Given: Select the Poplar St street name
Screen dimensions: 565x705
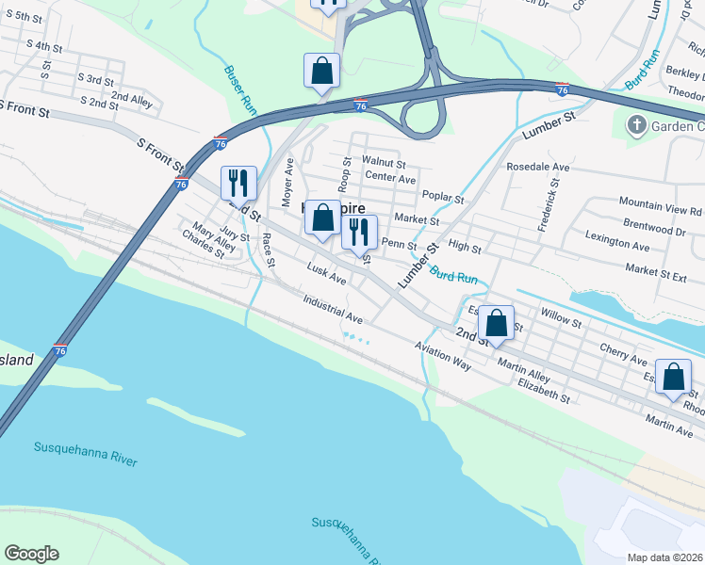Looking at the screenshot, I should click(x=443, y=200).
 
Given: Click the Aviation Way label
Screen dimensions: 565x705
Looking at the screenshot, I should click(x=442, y=355).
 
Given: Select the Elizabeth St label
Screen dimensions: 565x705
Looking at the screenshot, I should click(x=544, y=391).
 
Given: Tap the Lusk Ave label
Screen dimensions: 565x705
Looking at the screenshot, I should click(x=327, y=275).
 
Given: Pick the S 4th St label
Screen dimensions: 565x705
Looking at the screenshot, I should click(x=45, y=46).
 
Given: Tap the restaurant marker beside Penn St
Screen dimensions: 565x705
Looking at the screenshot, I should click(x=359, y=232).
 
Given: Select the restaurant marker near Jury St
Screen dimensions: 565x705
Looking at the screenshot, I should click(x=238, y=181).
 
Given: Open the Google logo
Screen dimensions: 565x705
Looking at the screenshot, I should click(x=31, y=554).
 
